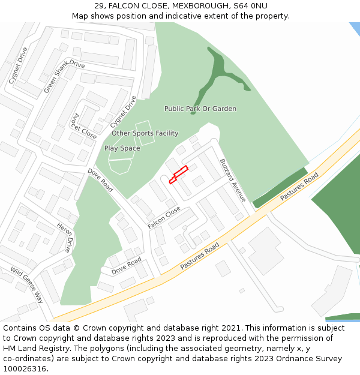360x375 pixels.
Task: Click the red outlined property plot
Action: coord(179,174)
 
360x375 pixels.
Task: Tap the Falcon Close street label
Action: coord(164,218)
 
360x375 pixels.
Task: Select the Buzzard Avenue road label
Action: coord(232,180)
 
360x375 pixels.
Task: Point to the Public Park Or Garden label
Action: coord(200,109)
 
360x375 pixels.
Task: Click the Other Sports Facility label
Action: coord(145,133)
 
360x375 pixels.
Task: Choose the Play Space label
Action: coord(122,148)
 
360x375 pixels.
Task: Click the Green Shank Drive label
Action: coord(64,76)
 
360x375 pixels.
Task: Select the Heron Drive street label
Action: coord(65,236)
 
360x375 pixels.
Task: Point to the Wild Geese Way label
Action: coord(27,285)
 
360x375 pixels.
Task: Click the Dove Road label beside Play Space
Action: coord(100,179)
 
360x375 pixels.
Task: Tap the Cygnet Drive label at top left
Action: coord(18,65)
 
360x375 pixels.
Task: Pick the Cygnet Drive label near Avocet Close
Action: coord(124,111)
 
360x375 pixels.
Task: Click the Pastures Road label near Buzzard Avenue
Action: coord(299,187)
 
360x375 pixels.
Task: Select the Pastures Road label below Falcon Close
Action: coord(200,257)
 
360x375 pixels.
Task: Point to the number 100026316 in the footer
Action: coord(26,368)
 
